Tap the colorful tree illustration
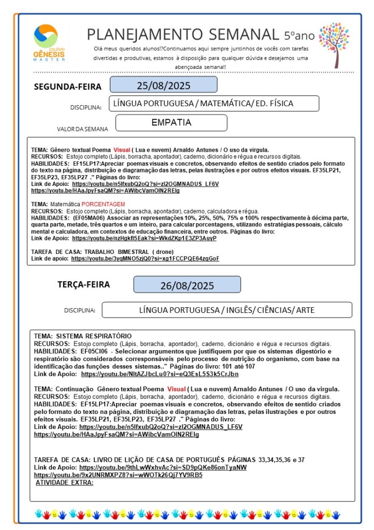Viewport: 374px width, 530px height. pyautogui.click(x=334, y=44)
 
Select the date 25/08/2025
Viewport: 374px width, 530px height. pyautogui.click(x=163, y=85)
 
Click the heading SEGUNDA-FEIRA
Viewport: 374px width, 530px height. pyautogui.click(x=68, y=87)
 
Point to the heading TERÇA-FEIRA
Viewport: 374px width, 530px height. pyautogui.click(x=83, y=284)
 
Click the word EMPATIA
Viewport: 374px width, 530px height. pyautogui.click(x=171, y=123)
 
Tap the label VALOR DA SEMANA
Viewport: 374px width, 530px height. pyautogui.click(x=83, y=129)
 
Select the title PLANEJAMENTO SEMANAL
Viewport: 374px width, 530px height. pyautogui.click(x=183, y=34)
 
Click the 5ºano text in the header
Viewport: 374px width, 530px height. pyautogui.click(x=299, y=35)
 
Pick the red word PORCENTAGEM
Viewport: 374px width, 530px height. pyautogui.click(x=104, y=204)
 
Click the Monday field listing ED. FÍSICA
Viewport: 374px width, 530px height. pyautogui.click(x=214, y=104)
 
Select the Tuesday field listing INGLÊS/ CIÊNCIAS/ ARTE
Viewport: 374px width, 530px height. pyautogui.click(x=227, y=310)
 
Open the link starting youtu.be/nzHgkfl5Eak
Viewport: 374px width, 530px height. pyautogui.click(x=144, y=238)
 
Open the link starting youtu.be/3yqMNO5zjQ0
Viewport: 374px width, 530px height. pyautogui.click(x=145, y=258)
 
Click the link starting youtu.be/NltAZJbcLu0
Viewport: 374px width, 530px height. pyautogui.click(x=160, y=374)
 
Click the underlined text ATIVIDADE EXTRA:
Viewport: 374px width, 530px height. pyautogui.click(x=64, y=482)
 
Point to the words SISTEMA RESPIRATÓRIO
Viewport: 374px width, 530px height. pyautogui.click(x=93, y=336)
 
